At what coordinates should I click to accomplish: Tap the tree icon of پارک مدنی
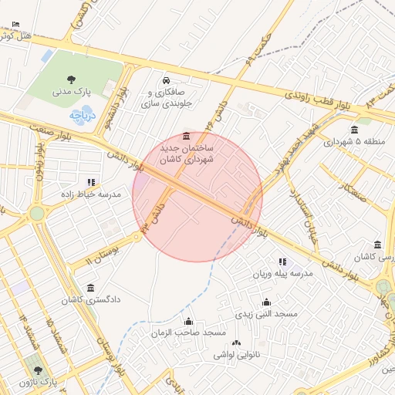click(x=72, y=79)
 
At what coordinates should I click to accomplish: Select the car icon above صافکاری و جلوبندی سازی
click(x=165, y=80)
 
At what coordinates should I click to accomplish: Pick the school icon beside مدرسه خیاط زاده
click(x=92, y=183)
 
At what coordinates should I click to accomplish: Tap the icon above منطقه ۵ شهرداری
click(x=354, y=130)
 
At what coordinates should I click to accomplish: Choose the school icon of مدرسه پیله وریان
click(x=282, y=262)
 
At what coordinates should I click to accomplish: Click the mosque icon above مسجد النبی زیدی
click(x=266, y=302)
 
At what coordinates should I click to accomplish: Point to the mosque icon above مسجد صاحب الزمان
click(x=188, y=321)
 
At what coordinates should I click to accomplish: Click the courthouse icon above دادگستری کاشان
click(x=91, y=288)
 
